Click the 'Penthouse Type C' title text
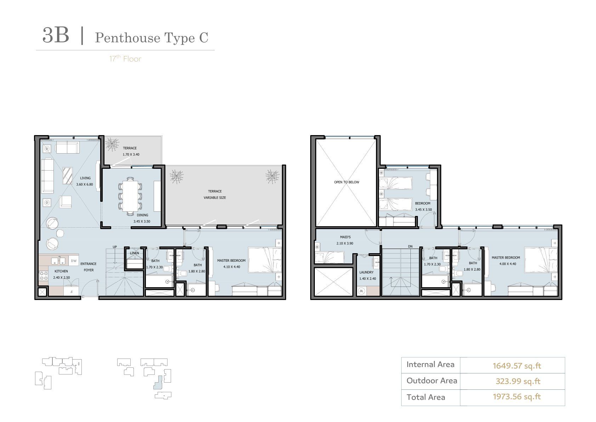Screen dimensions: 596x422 152,38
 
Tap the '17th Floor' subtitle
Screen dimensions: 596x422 125,59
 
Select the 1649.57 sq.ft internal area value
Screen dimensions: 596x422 517,366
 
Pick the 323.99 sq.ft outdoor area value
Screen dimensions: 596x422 518,381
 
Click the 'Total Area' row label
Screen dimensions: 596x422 426,397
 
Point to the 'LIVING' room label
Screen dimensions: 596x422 85,178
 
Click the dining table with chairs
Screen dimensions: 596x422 130,196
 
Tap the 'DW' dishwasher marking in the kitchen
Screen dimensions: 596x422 74,261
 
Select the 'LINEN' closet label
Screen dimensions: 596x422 134,253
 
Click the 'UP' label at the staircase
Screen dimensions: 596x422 115,247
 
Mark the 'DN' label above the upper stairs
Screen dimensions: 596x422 410,246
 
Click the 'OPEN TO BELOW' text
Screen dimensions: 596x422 346,182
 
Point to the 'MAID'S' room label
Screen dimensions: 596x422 345,237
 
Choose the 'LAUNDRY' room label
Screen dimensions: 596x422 367,272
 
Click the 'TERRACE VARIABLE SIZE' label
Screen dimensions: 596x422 215,194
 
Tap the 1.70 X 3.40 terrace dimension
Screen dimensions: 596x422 131,155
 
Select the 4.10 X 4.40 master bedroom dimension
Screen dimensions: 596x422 232,267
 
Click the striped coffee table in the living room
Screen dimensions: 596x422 68,176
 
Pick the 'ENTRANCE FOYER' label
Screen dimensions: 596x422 89,267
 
